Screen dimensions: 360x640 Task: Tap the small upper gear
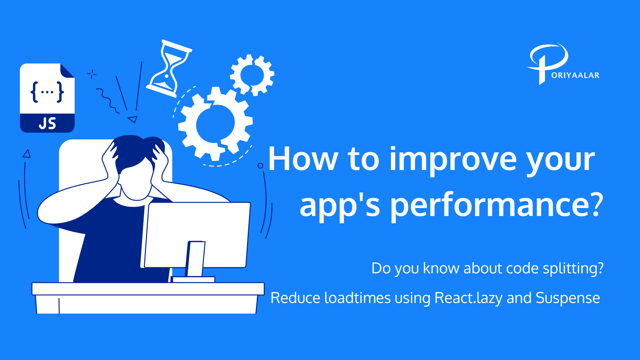point(252,75)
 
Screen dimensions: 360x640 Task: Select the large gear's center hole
point(215,124)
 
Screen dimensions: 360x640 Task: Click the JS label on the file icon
point(47,123)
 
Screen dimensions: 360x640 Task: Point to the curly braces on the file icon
point(47,92)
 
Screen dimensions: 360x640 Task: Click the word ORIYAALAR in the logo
point(575,75)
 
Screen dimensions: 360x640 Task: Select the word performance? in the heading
point(497,205)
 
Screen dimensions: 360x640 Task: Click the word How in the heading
point(303,159)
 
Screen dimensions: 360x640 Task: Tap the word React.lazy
point(468,298)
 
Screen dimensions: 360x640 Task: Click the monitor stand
point(195,260)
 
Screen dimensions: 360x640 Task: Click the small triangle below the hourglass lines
point(133,119)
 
